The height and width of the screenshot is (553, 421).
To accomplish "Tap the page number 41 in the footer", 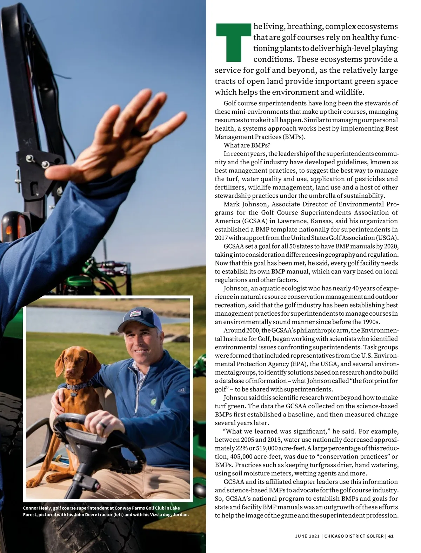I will (x=390, y=536).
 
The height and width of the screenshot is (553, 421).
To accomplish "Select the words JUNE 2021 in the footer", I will (x=307, y=536).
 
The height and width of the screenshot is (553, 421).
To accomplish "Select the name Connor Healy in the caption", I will (x=37, y=508).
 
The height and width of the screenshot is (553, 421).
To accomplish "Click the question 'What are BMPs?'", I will (x=247, y=145).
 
